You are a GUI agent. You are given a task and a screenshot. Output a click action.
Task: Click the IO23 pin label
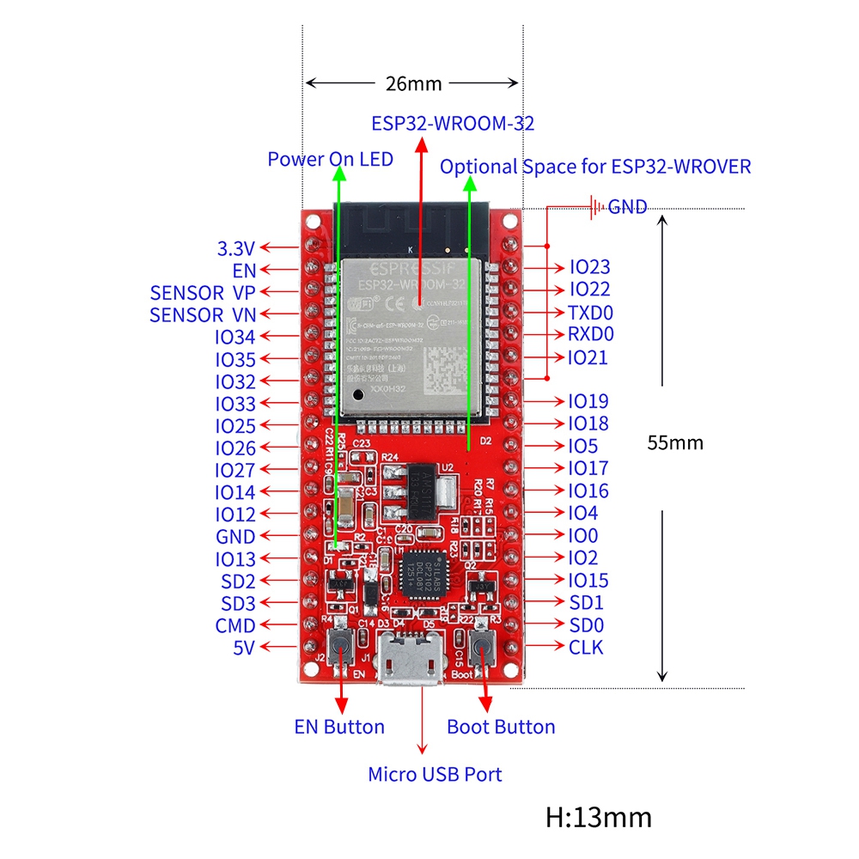click(x=589, y=267)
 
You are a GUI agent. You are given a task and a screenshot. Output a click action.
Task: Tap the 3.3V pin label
click(x=236, y=249)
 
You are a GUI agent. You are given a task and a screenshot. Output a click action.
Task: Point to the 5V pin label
click(x=244, y=648)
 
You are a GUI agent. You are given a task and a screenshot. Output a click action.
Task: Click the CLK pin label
click(x=586, y=647)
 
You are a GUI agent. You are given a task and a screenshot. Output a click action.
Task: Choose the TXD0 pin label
click(x=590, y=312)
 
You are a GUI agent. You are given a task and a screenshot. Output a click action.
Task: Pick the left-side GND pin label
click(x=235, y=537)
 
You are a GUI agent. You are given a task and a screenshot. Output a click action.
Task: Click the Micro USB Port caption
click(x=435, y=774)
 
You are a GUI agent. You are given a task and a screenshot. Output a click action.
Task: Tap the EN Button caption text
click(x=339, y=727)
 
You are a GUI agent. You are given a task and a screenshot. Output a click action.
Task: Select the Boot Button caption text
click(x=501, y=727)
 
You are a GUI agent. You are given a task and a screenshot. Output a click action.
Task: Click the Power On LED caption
click(x=330, y=159)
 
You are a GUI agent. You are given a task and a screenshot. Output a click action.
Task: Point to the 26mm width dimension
click(x=412, y=83)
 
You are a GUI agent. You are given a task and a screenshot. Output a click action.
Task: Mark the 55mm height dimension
click(x=675, y=442)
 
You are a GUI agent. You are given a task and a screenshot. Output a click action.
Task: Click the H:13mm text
click(x=599, y=816)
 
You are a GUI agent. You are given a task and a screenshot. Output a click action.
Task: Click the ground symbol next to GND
click(x=593, y=206)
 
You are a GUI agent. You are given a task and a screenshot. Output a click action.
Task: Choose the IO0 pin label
click(x=584, y=535)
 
